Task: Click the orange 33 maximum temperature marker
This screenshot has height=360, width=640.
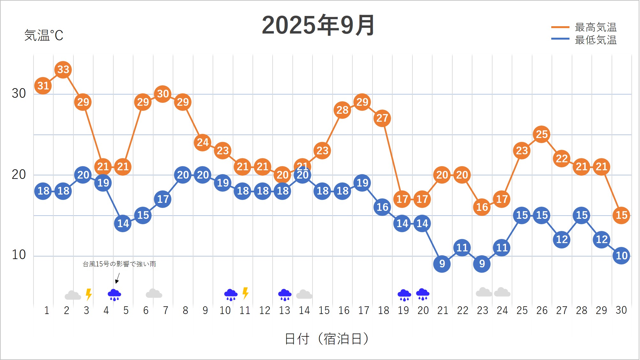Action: click(63, 69)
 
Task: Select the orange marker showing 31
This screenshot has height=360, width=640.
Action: click(43, 86)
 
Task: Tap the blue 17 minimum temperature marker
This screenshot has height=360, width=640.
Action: click(163, 199)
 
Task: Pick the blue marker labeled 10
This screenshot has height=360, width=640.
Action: click(621, 256)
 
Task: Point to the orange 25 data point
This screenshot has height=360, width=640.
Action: click(541, 134)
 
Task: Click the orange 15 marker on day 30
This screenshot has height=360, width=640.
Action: click(621, 215)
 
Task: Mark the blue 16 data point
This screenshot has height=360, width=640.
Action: click(382, 207)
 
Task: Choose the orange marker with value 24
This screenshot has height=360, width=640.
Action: click(202, 142)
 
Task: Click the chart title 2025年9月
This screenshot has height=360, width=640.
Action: click(318, 25)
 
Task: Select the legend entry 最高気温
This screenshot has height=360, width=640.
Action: click(595, 27)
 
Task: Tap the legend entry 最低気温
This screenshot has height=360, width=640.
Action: click(595, 40)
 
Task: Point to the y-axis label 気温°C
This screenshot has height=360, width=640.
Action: click(44, 35)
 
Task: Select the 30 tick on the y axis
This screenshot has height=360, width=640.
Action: click(19, 93)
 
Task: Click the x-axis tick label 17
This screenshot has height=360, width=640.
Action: click(364, 310)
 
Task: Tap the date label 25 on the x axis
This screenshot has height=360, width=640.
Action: click(522, 310)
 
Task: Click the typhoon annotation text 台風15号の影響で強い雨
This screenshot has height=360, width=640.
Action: click(119, 264)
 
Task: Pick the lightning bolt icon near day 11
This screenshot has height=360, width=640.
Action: click(245, 293)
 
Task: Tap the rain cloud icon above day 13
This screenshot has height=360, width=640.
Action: click(285, 295)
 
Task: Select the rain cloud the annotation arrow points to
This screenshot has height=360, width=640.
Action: click(114, 295)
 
